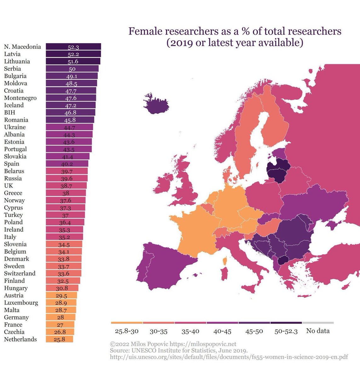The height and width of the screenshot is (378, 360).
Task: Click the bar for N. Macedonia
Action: coord(73,47)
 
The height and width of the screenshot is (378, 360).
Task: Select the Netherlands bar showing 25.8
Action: coord(59,339)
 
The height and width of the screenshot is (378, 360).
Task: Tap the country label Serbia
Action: coord(13,69)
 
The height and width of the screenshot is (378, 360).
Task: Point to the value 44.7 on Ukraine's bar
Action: coord(69,127)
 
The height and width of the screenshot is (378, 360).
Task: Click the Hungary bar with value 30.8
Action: coord(62,288)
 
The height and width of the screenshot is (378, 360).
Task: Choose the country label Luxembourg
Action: coord(21,303)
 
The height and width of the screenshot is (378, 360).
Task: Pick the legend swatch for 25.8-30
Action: coord(127,323)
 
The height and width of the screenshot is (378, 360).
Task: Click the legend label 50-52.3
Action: coord(286,331)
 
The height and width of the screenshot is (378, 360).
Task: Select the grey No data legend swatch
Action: coord(318,323)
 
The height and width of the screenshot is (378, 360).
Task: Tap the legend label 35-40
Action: coord(191,331)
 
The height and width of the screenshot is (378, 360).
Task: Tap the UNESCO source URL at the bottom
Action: coord(229,357)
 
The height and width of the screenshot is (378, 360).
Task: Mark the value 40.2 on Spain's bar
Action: coord(67,164)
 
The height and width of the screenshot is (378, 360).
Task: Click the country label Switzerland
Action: coord(20,273)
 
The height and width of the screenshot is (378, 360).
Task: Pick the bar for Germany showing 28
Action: coord(60,317)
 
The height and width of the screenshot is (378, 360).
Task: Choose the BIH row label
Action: coord(10,112)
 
